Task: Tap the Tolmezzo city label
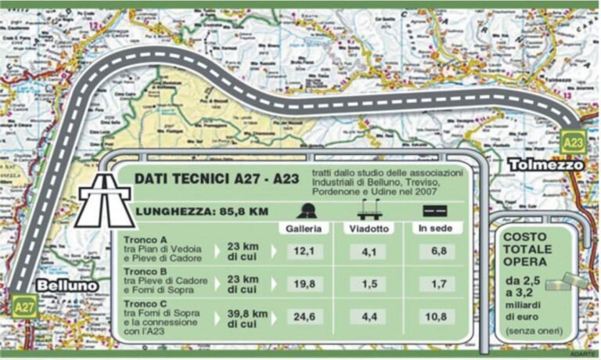545,165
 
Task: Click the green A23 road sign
574,142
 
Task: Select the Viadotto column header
368,229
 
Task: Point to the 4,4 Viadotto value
368,318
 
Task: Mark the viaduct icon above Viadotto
368,211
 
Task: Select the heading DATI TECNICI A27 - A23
217,179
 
